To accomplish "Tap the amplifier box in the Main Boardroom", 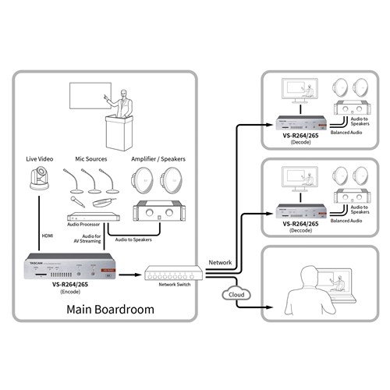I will (160, 210).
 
